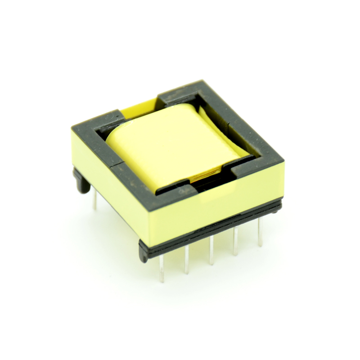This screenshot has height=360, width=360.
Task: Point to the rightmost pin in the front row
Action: coord(260,234)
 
